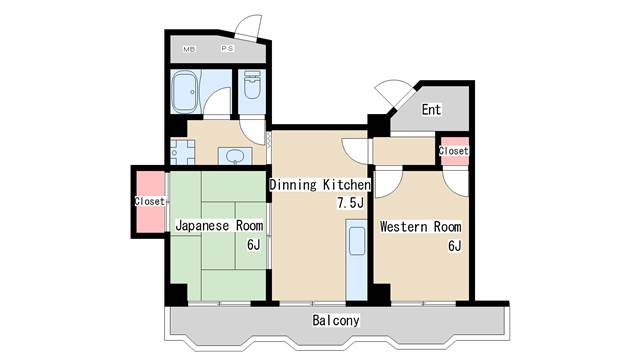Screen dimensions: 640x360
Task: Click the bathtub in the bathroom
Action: tap(184, 92)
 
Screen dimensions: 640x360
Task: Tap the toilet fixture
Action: tap(251, 85)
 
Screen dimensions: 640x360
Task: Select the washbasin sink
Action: tap(235, 156)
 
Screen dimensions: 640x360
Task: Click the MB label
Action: tap(189, 49)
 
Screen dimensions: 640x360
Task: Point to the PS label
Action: tap(227, 48)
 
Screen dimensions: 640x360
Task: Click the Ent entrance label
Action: tap(431, 109)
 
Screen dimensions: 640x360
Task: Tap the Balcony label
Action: tap(336, 320)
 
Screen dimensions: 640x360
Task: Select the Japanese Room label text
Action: tap(219, 225)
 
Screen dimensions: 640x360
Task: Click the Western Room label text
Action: tap(420, 227)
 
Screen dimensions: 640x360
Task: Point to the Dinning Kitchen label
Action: tap(320, 184)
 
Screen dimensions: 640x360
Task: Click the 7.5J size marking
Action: tap(350, 202)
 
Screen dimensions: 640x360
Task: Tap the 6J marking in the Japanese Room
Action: tap(253, 244)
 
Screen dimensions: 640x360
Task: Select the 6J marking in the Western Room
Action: tap(455, 246)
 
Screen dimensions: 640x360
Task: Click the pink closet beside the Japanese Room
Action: tap(150, 202)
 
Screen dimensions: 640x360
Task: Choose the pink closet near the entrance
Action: tap(454, 151)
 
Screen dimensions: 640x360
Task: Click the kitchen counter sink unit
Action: tap(356, 260)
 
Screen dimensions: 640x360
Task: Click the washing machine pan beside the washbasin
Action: tap(182, 152)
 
